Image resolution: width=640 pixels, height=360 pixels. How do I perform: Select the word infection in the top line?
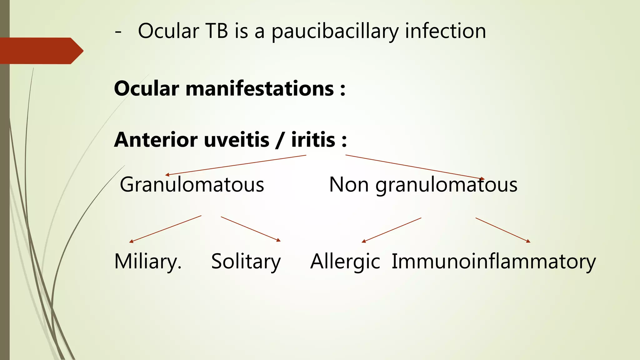(x=445, y=31)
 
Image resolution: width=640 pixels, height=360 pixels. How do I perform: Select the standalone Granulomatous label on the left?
(x=192, y=184)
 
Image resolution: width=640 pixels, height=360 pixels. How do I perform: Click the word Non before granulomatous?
(x=348, y=184)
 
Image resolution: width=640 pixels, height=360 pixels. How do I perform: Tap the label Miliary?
(x=147, y=261)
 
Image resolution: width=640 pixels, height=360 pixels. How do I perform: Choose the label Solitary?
(x=246, y=261)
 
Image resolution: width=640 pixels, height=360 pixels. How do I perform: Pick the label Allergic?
(x=345, y=261)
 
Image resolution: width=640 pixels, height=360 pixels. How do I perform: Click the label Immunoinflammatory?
(x=493, y=261)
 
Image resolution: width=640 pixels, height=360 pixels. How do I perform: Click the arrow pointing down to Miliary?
(x=165, y=229)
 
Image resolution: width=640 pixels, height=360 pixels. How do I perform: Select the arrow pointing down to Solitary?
(x=251, y=229)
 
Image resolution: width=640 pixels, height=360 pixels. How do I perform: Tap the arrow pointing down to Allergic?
(x=391, y=230)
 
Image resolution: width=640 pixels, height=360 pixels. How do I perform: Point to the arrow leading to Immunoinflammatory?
(x=503, y=230)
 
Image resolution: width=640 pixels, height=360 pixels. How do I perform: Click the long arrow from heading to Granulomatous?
(x=236, y=165)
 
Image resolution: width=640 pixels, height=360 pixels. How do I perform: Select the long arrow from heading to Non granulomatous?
(x=415, y=167)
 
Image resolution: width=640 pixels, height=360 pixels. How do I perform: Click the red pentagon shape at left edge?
(x=41, y=51)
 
